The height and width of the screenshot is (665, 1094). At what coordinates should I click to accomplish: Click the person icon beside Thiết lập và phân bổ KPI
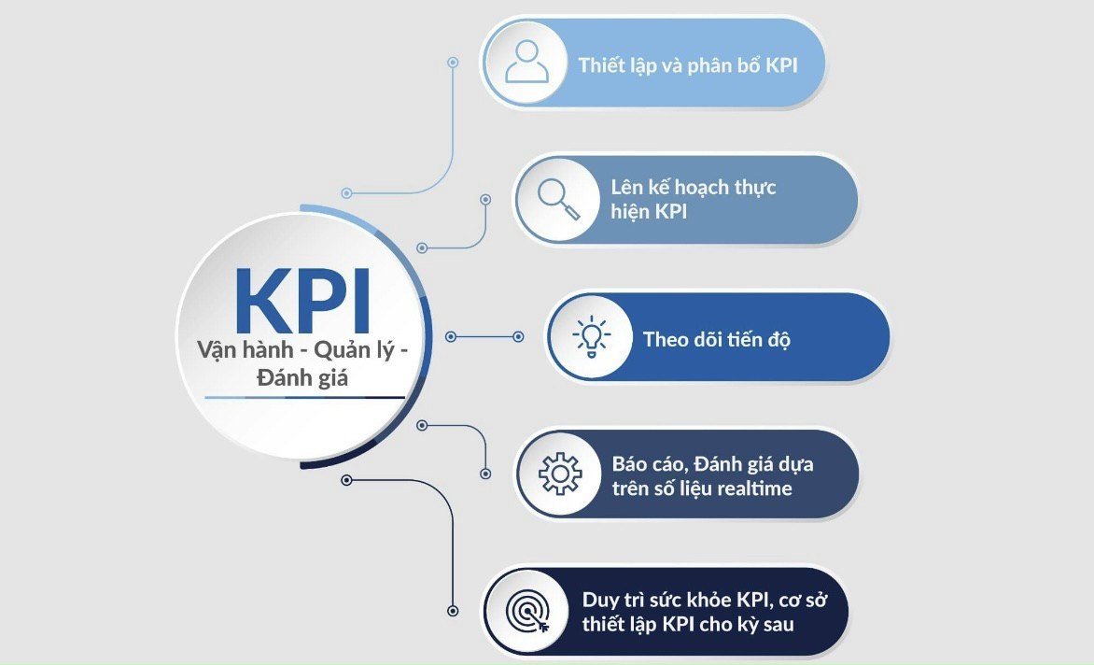(x=526, y=63)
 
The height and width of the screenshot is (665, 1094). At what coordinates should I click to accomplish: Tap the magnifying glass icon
(x=558, y=199)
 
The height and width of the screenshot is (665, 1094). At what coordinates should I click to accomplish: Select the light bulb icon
(x=591, y=336)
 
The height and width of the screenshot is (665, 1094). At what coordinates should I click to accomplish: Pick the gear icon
(x=559, y=474)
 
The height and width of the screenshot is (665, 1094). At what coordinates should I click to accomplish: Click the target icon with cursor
(x=527, y=612)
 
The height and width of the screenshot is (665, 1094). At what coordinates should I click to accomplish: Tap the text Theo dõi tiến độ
(x=717, y=338)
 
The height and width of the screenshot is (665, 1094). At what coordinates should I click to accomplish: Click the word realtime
(x=754, y=488)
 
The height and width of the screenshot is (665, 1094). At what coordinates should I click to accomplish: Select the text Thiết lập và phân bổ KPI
(x=688, y=65)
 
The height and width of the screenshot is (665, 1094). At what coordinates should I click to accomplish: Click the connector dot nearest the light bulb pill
(x=519, y=336)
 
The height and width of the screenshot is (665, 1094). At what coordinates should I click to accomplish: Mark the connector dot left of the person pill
(x=453, y=63)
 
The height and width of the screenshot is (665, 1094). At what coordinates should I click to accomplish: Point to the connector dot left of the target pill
(x=453, y=611)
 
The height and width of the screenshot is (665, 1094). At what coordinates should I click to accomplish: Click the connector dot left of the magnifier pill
(x=485, y=199)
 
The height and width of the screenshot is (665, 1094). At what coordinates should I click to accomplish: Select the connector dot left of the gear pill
(x=485, y=474)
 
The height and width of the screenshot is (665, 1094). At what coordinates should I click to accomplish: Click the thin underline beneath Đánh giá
(x=304, y=398)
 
